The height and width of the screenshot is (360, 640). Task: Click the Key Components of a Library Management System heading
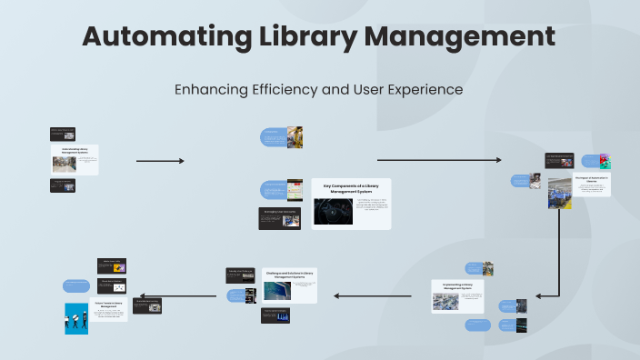(x=351, y=188)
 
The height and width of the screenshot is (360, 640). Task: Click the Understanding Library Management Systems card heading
(x=75, y=150)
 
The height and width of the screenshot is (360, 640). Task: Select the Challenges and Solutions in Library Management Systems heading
(x=290, y=274)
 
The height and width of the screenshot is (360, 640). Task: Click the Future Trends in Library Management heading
(x=109, y=305)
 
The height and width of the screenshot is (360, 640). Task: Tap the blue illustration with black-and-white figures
(x=76, y=318)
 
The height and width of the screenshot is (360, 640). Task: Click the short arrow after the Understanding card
(x=160, y=161)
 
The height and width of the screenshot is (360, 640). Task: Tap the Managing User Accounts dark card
(x=279, y=217)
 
